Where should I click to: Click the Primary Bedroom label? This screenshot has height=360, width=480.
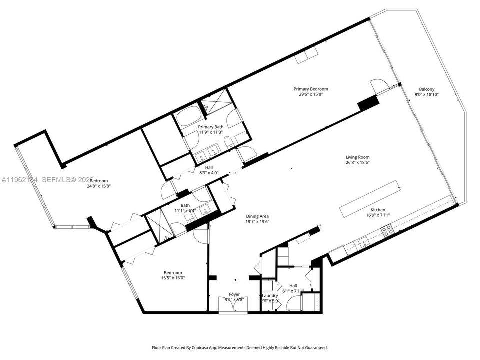[x=310, y=89]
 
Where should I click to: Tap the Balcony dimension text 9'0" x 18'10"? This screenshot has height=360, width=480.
[x=426, y=94]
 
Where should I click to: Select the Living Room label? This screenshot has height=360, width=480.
[x=357, y=157]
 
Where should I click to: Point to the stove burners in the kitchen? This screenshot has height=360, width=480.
[x=387, y=230]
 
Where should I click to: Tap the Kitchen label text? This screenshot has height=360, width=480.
[x=378, y=210]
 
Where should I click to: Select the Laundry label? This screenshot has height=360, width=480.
[x=270, y=295]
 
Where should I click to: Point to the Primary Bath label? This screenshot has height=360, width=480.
[x=210, y=127]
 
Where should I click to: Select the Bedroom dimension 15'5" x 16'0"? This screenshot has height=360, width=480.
[x=172, y=278]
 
